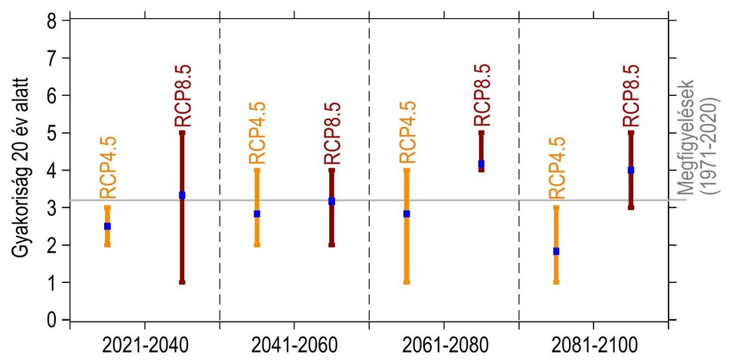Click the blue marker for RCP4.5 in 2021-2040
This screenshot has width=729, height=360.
[x=107, y=226]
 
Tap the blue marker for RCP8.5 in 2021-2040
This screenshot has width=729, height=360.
[x=182, y=195]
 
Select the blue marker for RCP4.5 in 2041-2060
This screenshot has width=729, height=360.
[x=257, y=214]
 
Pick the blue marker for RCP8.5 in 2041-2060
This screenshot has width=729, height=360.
[x=331, y=202]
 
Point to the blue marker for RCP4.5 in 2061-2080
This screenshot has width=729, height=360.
[x=407, y=214]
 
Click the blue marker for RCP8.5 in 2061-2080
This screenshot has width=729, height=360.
[x=481, y=164]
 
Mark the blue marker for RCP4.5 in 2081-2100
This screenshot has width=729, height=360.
[x=556, y=251]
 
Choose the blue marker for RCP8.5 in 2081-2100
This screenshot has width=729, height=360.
[x=631, y=171]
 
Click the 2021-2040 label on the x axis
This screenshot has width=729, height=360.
[x=144, y=346]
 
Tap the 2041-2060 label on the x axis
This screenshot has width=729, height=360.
[x=294, y=346]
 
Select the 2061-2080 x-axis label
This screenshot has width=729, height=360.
[x=444, y=346]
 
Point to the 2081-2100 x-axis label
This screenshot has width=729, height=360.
[x=593, y=346]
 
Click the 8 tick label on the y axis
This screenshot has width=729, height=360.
[x=52, y=21]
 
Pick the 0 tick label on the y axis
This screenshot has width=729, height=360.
[x=52, y=320]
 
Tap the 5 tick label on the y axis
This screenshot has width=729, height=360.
[x=52, y=133]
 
